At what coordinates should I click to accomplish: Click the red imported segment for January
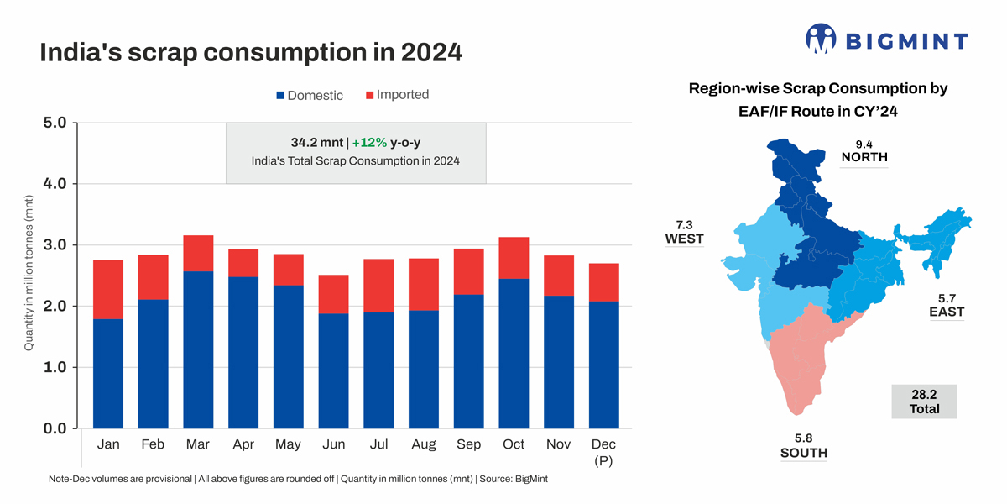108,290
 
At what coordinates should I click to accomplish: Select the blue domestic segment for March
199,349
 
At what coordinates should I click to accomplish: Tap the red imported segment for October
513,258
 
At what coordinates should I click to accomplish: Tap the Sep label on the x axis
468,444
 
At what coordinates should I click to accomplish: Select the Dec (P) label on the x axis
604,451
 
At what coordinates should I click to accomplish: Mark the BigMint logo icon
822,39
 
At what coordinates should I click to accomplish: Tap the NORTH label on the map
864,157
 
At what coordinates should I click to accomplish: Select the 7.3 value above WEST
685,224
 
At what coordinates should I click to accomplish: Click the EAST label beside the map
947,312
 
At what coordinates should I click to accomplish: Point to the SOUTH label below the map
803,453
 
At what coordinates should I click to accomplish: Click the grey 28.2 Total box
924,402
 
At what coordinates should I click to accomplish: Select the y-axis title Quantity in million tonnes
29,276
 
